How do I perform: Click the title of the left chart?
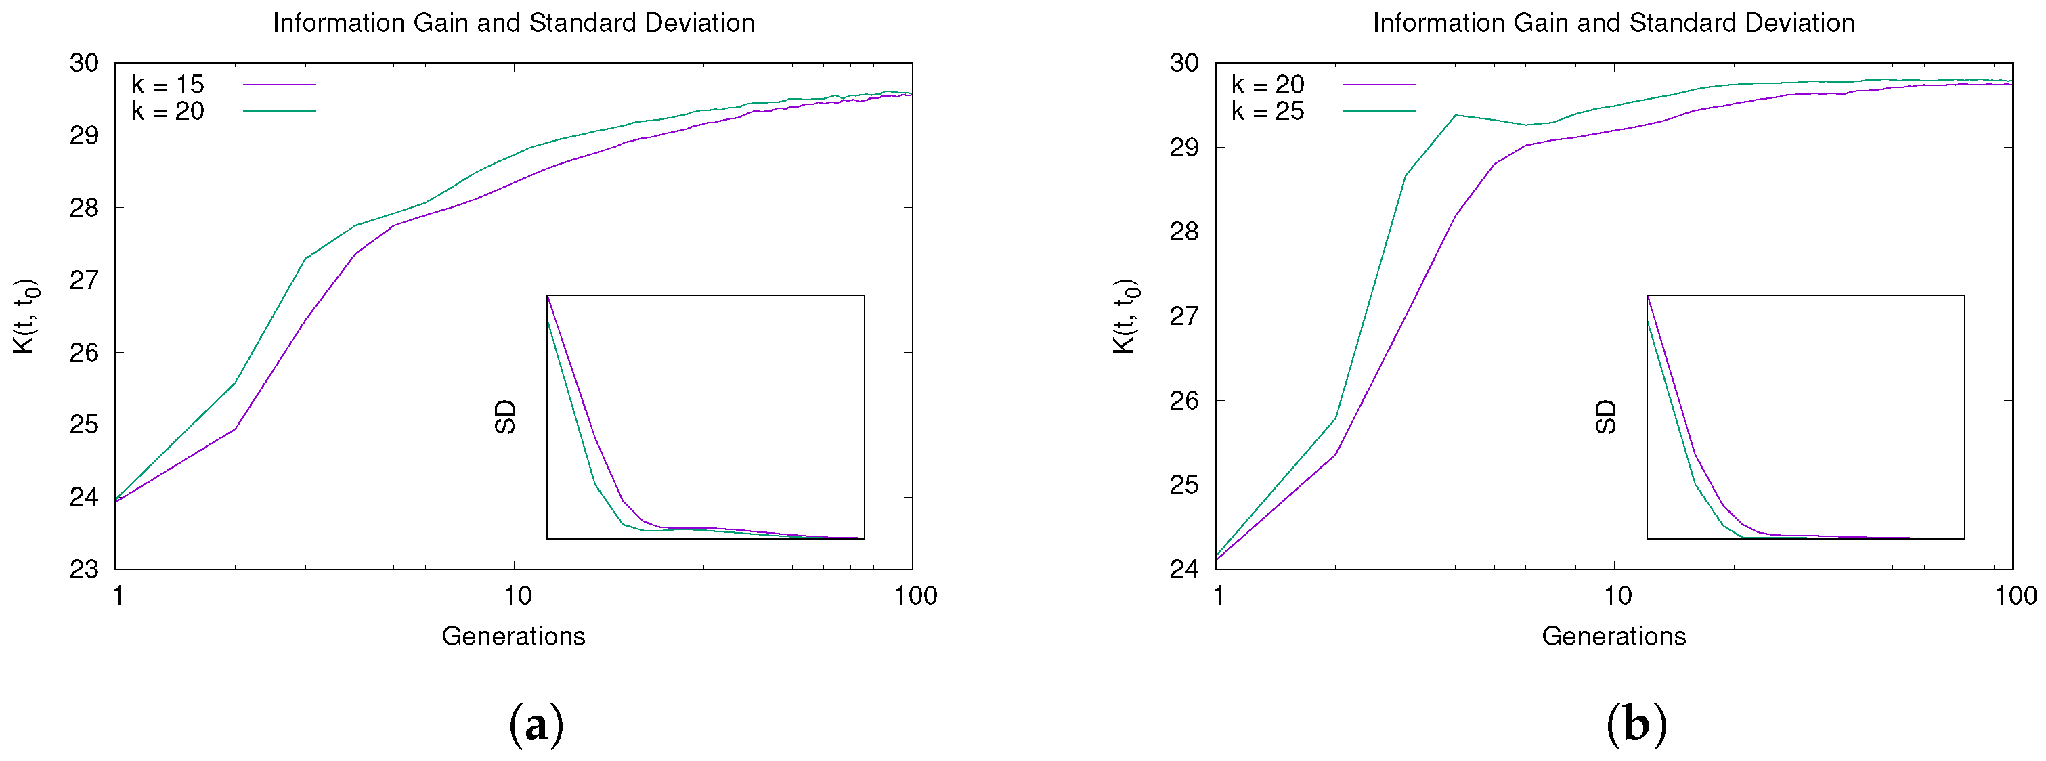tap(513, 22)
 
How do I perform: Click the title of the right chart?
tap(1613, 22)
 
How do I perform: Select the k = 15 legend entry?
tap(168, 84)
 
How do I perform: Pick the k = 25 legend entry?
tap(1267, 111)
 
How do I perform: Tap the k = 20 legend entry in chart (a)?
tap(168, 111)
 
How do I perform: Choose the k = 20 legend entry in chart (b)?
tap(1267, 84)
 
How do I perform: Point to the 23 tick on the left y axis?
tap(83, 569)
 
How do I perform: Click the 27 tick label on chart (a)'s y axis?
tap(83, 280)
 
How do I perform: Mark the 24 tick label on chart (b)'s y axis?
tap(1183, 569)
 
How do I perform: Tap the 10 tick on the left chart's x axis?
tap(517, 596)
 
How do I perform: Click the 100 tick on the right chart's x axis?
tap(2015, 596)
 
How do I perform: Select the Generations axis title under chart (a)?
tap(513, 636)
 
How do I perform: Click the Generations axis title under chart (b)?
tap(1613, 636)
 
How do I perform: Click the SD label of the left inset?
tap(505, 417)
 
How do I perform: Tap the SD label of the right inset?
tap(1605, 417)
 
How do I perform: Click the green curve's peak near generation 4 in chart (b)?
tap(1455, 115)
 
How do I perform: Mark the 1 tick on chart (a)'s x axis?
tap(118, 596)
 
